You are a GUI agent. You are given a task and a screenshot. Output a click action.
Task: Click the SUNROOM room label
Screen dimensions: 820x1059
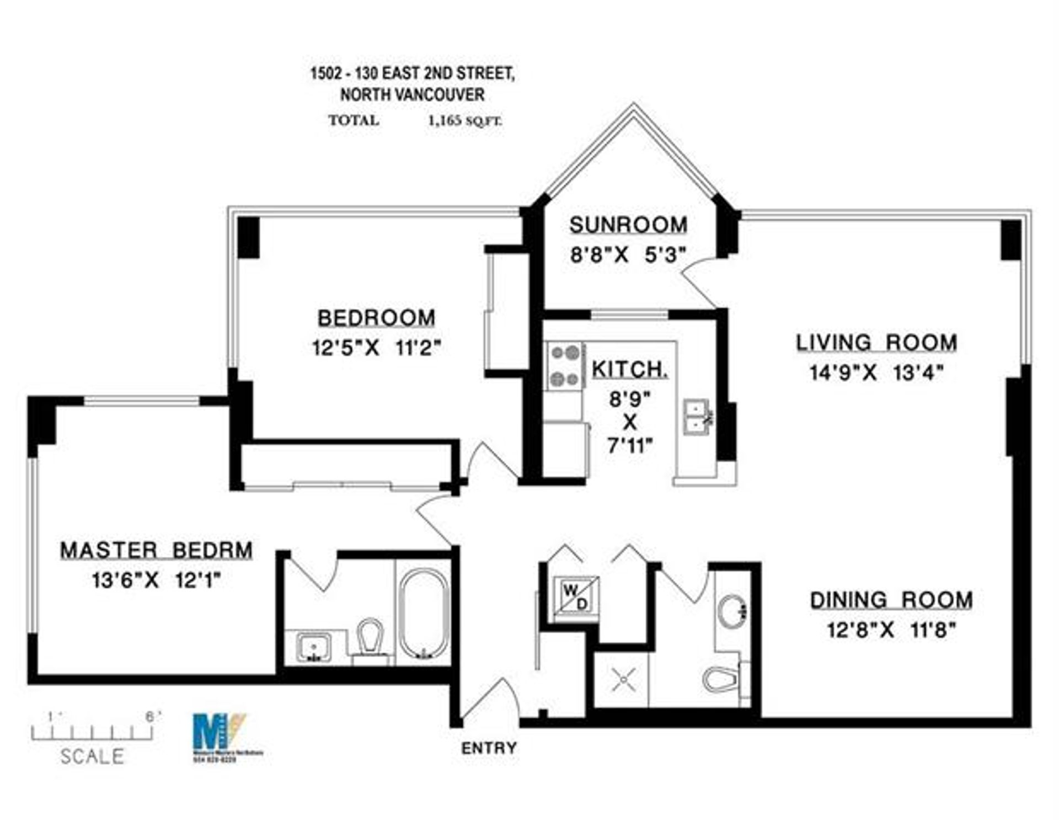pyautogui.click(x=628, y=225)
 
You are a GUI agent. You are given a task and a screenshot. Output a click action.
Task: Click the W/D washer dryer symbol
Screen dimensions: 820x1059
pyautogui.click(x=575, y=597)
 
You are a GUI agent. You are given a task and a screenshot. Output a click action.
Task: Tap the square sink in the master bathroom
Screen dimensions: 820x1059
pyautogui.click(x=313, y=647)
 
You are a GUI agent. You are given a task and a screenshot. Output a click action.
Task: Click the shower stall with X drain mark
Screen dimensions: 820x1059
pyautogui.click(x=623, y=679)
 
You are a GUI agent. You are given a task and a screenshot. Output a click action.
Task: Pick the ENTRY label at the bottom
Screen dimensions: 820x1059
pyautogui.click(x=489, y=748)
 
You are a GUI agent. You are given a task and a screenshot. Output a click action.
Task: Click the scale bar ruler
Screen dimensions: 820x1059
pyautogui.click(x=92, y=733)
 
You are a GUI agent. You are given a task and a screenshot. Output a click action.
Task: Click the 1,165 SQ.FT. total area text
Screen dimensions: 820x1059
pyautogui.click(x=465, y=121)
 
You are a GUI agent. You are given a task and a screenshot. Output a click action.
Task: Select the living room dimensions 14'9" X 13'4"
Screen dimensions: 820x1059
pyautogui.click(x=876, y=373)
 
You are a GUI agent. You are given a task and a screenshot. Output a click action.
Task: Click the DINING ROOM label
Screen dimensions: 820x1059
pyautogui.click(x=891, y=600)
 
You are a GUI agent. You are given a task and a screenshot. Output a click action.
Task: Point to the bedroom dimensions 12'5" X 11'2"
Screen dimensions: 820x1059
pyautogui.click(x=376, y=348)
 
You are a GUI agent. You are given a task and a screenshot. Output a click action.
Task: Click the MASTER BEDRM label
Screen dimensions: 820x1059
pyautogui.click(x=156, y=550)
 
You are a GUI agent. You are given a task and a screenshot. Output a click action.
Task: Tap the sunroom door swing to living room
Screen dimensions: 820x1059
pyautogui.click(x=699, y=284)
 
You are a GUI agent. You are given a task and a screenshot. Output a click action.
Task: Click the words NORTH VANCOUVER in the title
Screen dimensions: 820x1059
pyautogui.click(x=412, y=95)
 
